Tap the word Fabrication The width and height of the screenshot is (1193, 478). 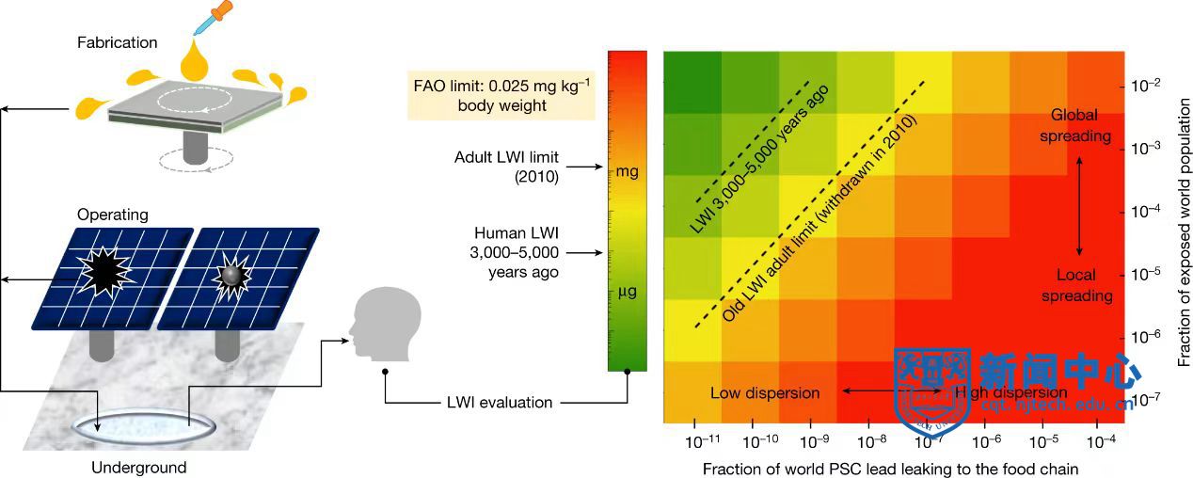tap(118, 42)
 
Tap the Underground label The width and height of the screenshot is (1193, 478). tap(133, 467)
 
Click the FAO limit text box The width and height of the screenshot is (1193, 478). tap(501, 94)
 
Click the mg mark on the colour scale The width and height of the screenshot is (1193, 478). tap(628, 172)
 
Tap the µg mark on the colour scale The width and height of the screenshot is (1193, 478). tap(626, 292)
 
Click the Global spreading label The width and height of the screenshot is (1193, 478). tap(1081, 125)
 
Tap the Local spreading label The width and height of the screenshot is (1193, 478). tap(1081, 285)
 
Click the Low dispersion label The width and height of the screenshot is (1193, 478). tap(765, 392)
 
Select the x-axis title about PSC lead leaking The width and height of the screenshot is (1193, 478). tap(889, 468)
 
